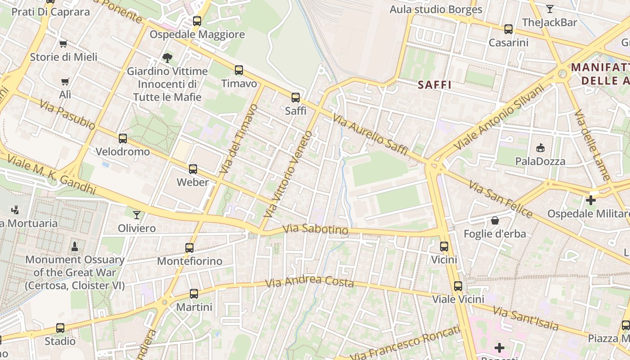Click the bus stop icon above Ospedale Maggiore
pos(197,21)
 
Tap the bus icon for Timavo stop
pos(238,70)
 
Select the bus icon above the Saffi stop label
pos(295,97)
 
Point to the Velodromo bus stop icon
pos(122,138)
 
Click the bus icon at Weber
pos(193,169)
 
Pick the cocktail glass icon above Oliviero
pos(136,215)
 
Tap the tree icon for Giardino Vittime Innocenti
pos(167,58)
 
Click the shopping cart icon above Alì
pos(65,81)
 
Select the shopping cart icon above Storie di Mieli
pos(63,44)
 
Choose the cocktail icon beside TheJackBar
pos(549,9)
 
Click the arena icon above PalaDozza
pos(540,148)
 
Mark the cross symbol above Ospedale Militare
pos(591,200)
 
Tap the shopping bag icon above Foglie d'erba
pos(495,220)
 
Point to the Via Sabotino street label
pos(315,229)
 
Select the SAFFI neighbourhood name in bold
pos(434,85)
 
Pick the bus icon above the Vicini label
pos(444,246)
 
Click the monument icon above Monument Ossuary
pos(74,246)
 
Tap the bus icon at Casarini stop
pos(508,29)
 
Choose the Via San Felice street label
pos(500,199)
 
